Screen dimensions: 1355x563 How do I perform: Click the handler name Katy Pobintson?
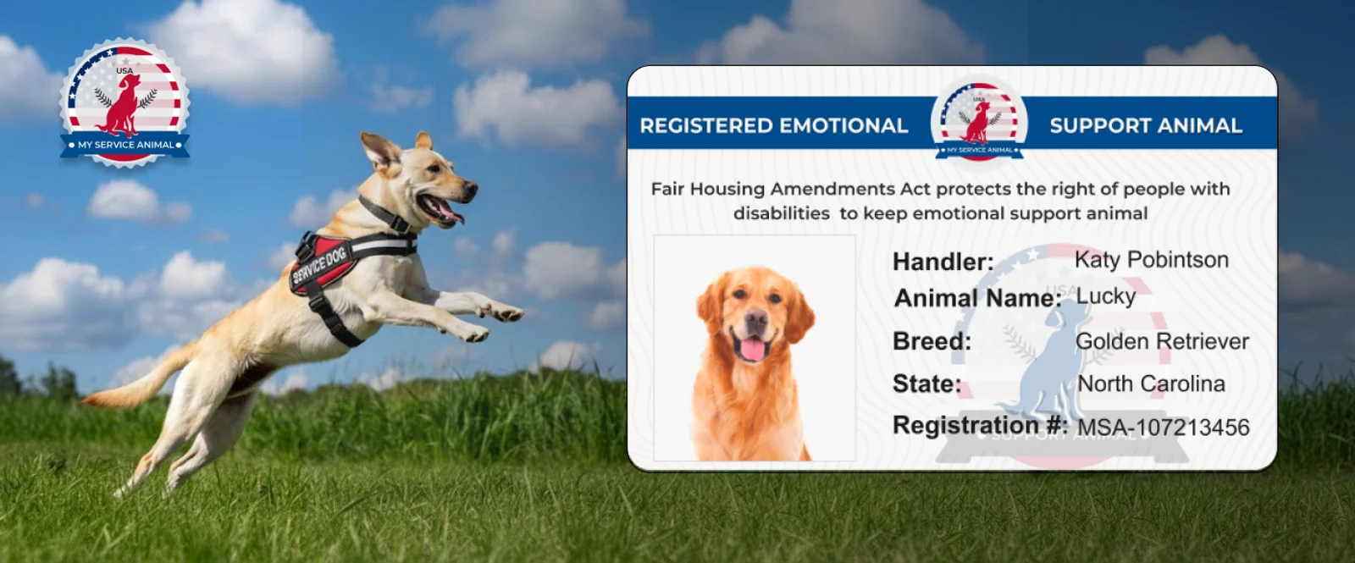[1151, 260]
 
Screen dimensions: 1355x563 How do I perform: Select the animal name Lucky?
[1106, 296]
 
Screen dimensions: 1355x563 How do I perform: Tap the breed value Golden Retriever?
[1162, 342]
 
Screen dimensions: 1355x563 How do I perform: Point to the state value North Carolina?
[1151, 384]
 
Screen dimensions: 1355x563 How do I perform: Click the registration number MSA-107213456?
[1164, 428]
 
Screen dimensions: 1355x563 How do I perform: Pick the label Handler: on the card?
[943, 262]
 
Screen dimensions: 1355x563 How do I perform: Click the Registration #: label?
[980, 425]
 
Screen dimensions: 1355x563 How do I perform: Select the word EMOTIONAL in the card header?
[843, 126]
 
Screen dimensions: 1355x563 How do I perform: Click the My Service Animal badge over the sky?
[124, 102]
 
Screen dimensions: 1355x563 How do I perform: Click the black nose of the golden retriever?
[755, 317]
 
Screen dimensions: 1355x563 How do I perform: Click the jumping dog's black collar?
[384, 215]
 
